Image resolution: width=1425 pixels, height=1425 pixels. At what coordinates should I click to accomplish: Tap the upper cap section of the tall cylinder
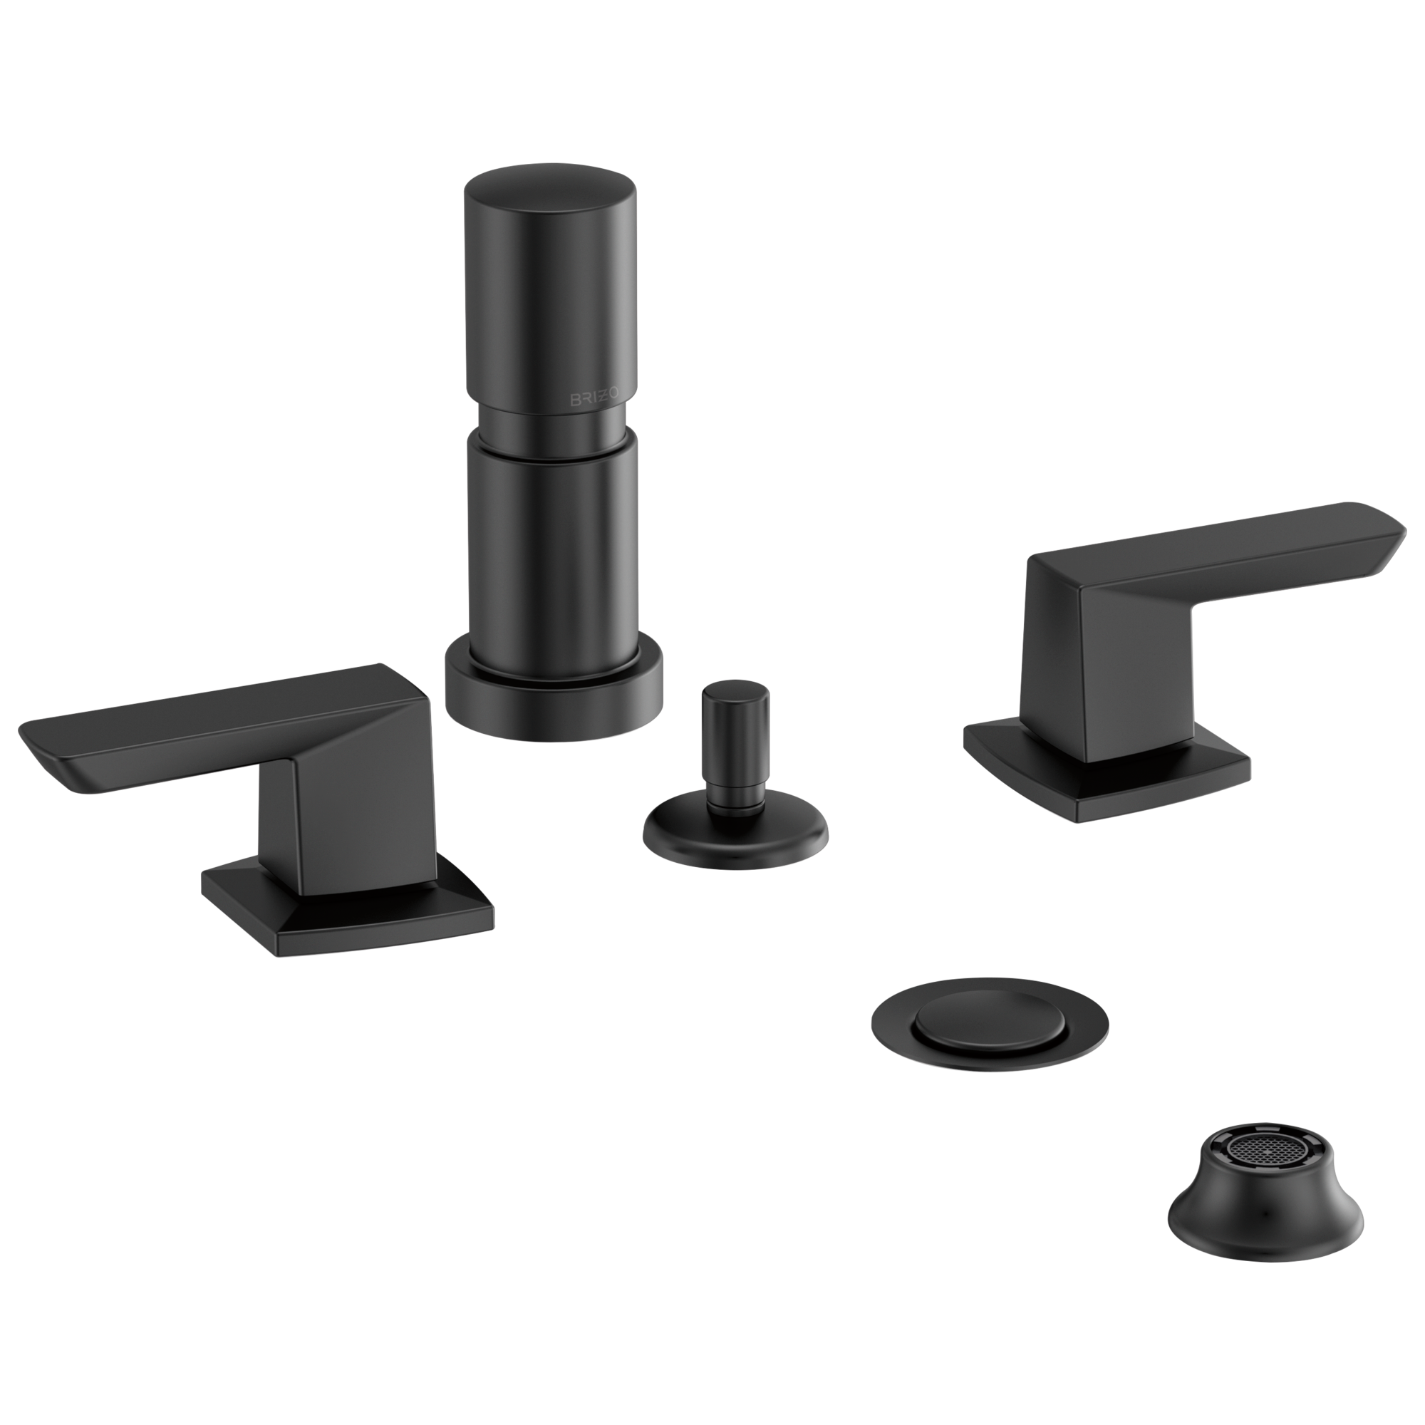click(549, 280)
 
